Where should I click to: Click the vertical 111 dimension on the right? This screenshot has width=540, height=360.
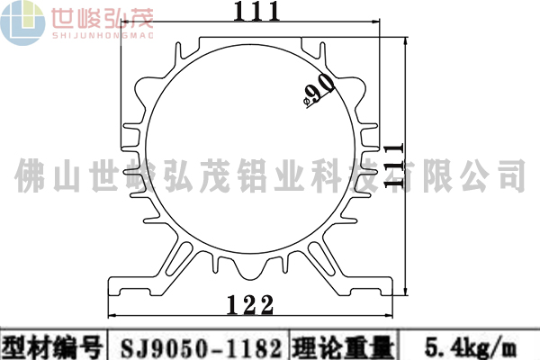pos(391,164)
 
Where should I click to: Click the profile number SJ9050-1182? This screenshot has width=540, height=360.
pos(197,346)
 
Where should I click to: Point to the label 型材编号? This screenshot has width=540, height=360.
pos(53,346)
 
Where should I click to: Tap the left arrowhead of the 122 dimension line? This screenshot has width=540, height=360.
pos(112,316)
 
